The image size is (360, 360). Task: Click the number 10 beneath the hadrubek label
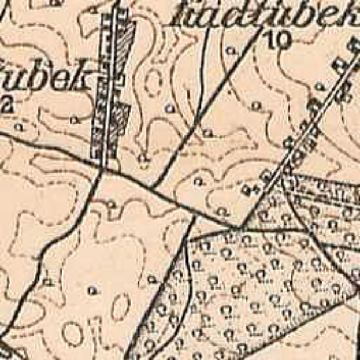[279, 39]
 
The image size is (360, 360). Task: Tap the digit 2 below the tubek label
[6, 105]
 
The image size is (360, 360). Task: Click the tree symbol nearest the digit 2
[19, 126]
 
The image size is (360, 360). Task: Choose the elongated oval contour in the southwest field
[120, 306]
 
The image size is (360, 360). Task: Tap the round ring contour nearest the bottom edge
[73, 333]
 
